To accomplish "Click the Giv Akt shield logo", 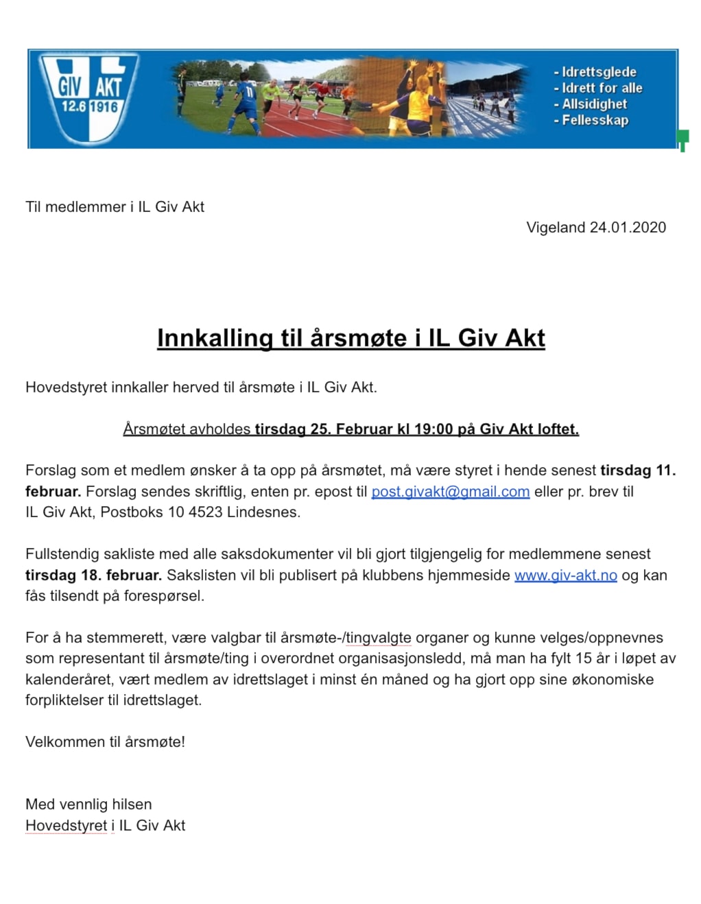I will point(90,97).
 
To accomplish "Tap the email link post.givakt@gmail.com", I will point(450,492).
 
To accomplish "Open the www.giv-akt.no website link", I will point(565,575).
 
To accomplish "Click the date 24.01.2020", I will point(628,228).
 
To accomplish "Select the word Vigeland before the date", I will point(556,228).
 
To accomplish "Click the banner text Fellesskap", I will point(595,120).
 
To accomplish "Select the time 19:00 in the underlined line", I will point(433,429).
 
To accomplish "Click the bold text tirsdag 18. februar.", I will point(93,575).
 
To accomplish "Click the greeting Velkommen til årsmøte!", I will point(105,742).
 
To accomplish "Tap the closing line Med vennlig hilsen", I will point(88,805).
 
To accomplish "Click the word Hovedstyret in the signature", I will point(66,826).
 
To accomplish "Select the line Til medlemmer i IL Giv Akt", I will point(115,207).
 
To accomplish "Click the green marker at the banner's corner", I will point(682,140).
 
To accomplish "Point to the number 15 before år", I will point(583,658).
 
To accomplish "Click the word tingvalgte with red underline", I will point(378,638).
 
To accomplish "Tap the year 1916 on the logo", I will point(104,107).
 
